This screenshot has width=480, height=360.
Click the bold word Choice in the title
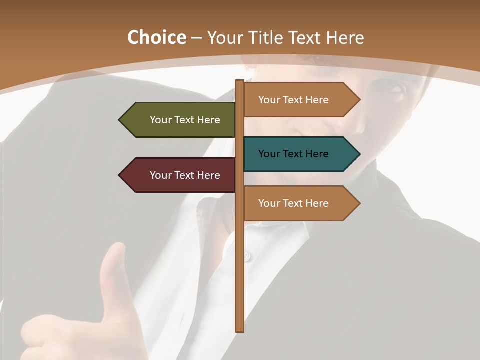pyautogui.click(x=156, y=38)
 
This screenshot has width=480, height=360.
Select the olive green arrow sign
pyautogui.click(x=180, y=120)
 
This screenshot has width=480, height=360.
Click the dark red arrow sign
pyautogui.click(x=180, y=175)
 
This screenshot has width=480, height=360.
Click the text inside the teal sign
pyautogui.click(x=293, y=154)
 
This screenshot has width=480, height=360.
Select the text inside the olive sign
pyautogui.click(x=185, y=120)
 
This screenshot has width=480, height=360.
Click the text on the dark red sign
pyautogui.click(x=185, y=175)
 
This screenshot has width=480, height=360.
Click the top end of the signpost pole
pyautogui.click(x=240, y=81)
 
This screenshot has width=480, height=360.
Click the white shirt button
pyautogui.click(x=246, y=256)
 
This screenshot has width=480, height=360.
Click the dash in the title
pyautogui.click(x=196, y=38)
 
